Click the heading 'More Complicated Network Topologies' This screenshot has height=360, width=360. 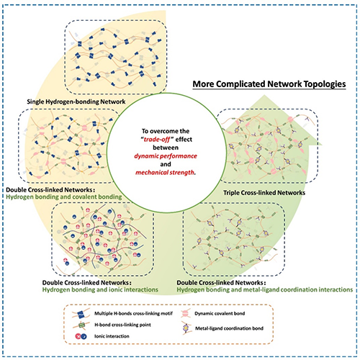[x=269, y=84]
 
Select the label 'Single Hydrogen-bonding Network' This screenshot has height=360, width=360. [x=76, y=102]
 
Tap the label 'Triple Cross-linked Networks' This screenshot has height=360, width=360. [x=264, y=193]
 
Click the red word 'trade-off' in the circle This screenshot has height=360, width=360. [x=157, y=139]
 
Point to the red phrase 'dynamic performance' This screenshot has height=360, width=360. [x=166, y=156]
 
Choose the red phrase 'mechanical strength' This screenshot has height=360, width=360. [x=165, y=172]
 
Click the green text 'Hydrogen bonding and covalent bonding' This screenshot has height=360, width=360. [x=64, y=197]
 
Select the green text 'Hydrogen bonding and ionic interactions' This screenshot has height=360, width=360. [x=100, y=289]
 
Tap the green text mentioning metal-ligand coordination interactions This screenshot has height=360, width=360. [x=265, y=289]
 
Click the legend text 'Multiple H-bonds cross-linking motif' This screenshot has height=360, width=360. [x=133, y=313]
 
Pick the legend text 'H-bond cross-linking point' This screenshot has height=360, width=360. [x=122, y=325]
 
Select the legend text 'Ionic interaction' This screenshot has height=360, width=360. [x=112, y=336]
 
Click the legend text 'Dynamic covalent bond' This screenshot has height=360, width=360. [x=220, y=313]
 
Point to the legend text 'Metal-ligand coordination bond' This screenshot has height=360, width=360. [x=229, y=328]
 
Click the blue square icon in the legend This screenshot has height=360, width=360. [x=81, y=314]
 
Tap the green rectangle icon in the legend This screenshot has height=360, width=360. [x=82, y=325]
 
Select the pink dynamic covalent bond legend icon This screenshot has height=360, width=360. [x=185, y=313]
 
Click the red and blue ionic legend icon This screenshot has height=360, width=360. [x=81, y=336]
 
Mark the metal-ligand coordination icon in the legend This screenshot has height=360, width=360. [x=186, y=328]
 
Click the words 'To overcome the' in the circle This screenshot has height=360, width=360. [x=166, y=131]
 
